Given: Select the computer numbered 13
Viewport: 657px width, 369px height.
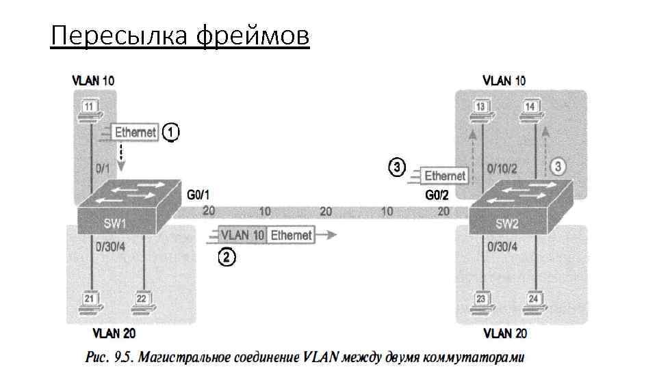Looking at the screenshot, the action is coord(482,110).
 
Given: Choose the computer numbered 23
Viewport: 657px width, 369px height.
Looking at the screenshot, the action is coord(482,303).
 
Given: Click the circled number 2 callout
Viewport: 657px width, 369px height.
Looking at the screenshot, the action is coord(227,258).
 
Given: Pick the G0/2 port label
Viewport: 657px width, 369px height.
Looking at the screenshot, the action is coord(436,195).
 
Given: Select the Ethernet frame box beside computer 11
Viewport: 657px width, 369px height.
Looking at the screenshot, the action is coord(135,133).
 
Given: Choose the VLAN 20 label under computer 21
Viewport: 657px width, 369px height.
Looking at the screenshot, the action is coord(114,333).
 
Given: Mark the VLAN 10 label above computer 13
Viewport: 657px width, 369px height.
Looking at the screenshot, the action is coord(504,81).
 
